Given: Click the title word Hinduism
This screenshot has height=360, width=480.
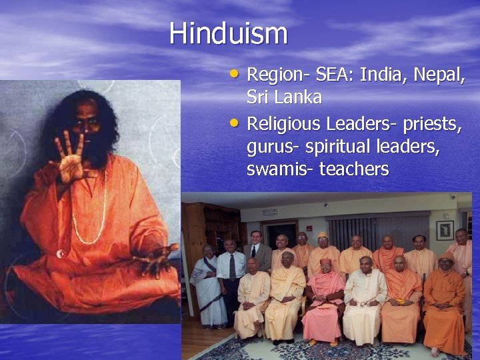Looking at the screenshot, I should pyautogui.click(x=228, y=33).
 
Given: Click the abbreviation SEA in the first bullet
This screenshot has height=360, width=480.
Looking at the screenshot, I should pyautogui.click(x=331, y=75).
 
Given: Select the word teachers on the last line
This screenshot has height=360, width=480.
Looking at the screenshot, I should pyautogui.click(x=354, y=169).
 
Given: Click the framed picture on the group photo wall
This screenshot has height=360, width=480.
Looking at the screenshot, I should pyautogui.click(x=445, y=229).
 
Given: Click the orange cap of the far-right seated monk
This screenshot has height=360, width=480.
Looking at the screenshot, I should pyautogui.click(x=446, y=255).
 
